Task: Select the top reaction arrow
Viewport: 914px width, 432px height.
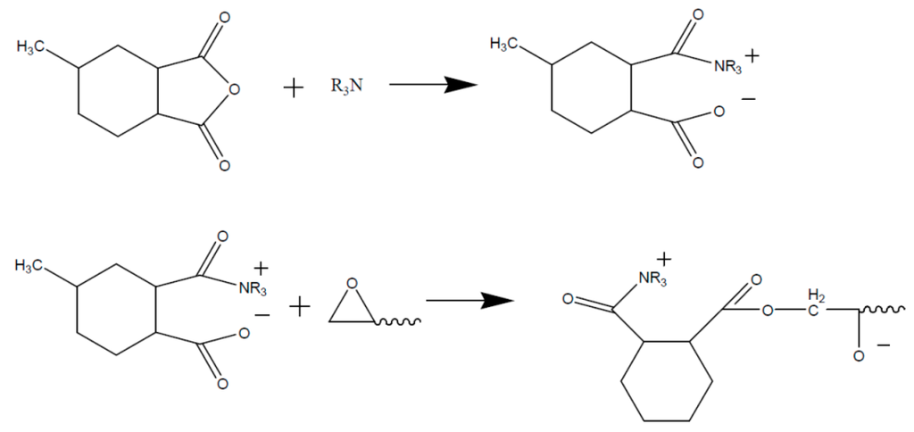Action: click(429, 85)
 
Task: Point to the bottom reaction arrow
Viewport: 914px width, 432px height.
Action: click(464, 300)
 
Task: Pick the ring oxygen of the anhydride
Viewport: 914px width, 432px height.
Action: click(233, 88)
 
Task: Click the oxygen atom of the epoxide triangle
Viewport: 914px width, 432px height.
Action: click(352, 285)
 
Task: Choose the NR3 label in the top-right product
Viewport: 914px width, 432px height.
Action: click(727, 66)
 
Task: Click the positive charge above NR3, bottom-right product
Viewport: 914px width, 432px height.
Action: click(665, 260)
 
